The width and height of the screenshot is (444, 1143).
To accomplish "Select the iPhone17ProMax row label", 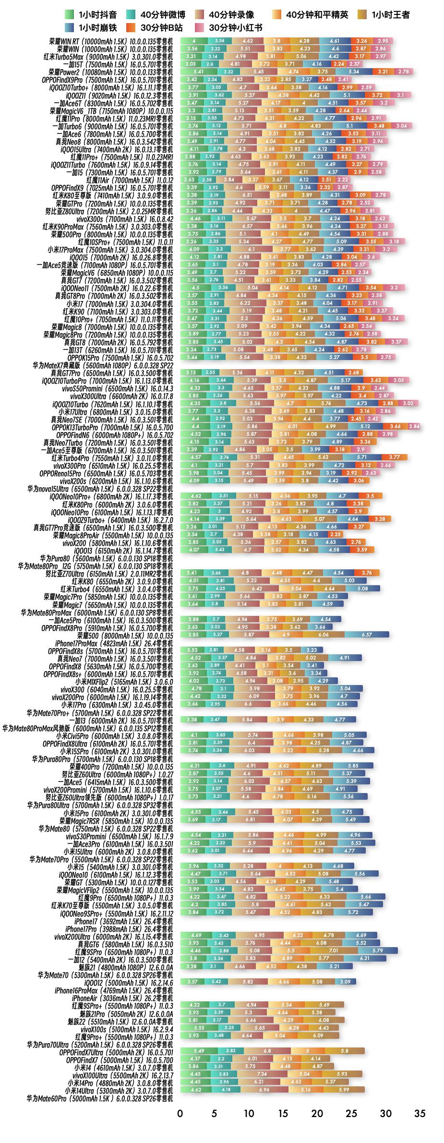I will (114, 643).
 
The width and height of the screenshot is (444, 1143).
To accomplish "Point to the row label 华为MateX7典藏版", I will (103, 365).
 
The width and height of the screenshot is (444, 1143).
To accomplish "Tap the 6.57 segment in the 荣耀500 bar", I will (367, 635).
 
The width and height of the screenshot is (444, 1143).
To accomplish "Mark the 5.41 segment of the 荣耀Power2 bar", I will (199, 72).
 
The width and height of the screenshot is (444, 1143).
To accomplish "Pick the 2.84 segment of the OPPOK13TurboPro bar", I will (414, 426).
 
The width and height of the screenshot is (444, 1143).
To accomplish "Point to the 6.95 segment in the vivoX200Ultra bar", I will (260, 936).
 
